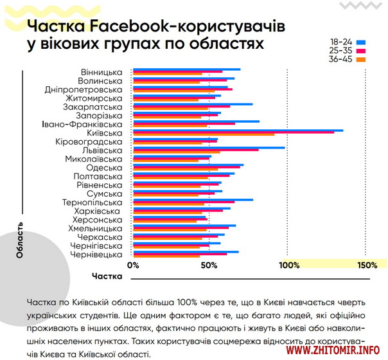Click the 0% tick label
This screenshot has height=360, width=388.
tap(133, 265)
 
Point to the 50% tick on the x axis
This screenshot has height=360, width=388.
tap(208, 265)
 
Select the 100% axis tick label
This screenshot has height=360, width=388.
tap(290, 265)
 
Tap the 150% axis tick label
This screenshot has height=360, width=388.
tap(367, 265)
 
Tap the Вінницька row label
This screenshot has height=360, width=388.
tap(101, 71)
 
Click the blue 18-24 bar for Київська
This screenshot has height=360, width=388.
tap(238, 130)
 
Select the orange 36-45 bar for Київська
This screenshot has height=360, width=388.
tap(204, 135)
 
